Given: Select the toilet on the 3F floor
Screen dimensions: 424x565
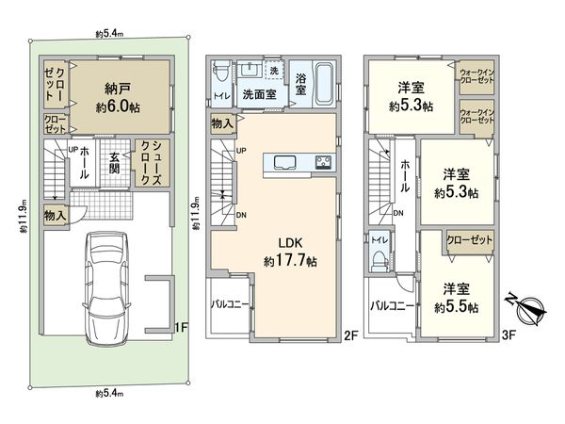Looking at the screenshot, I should click(379, 252).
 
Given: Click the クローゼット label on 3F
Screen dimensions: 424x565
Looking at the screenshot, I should click(468, 241).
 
